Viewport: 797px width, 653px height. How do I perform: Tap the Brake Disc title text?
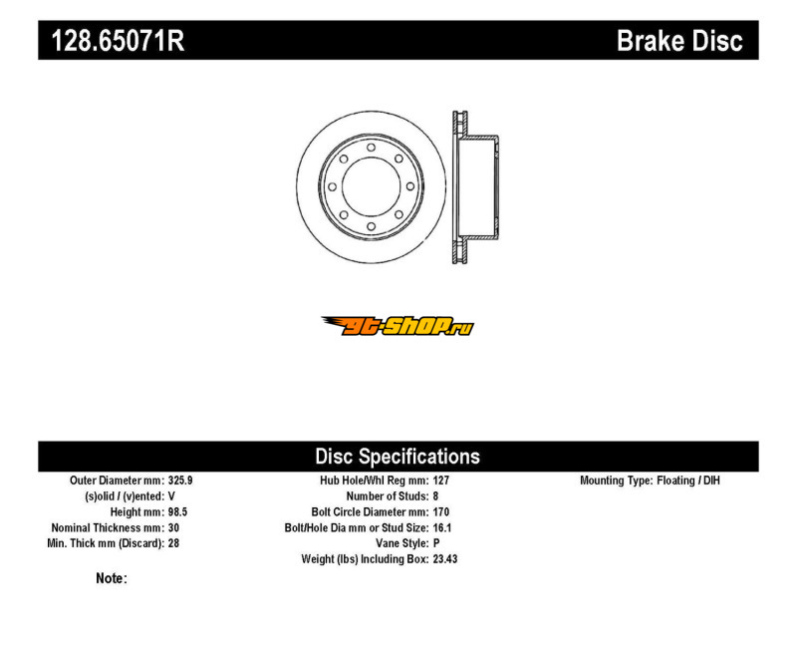click(679, 41)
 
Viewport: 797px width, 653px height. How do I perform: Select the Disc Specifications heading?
click(398, 457)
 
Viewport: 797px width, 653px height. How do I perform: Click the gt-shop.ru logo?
click(398, 326)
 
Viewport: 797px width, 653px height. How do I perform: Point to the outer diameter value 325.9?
click(181, 481)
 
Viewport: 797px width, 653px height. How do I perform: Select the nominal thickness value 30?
click(174, 527)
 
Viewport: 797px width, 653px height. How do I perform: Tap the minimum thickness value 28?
click(174, 543)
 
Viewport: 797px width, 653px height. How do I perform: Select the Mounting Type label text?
click(616, 481)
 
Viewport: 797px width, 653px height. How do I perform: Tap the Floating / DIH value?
click(688, 481)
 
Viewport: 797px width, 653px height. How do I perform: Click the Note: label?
click(112, 578)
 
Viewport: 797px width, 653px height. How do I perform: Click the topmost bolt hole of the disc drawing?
click(371, 149)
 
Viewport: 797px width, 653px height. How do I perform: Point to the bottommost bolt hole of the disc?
click(371, 226)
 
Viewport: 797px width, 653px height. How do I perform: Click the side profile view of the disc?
click(474, 187)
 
